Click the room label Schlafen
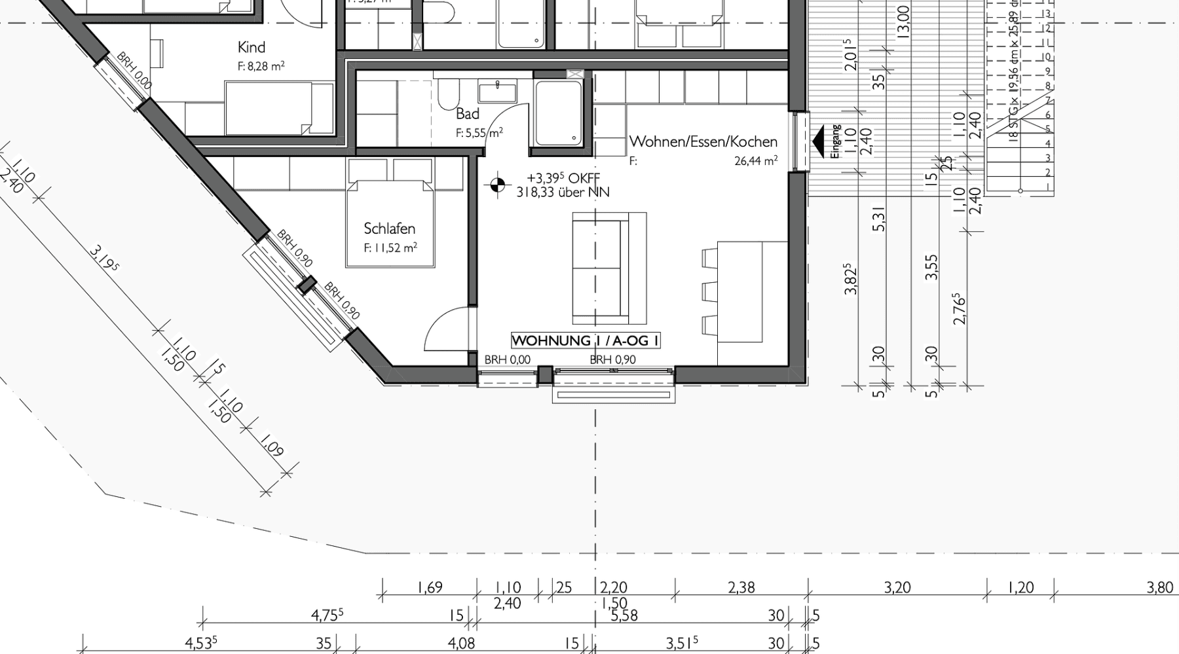click(390, 228)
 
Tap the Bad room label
click(468, 114)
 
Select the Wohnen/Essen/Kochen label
click(703, 141)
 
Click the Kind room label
click(252, 47)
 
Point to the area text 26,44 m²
click(755, 160)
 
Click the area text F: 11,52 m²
click(390, 248)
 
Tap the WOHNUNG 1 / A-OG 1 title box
click(585, 340)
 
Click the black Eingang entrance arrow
click(818, 141)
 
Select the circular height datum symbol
click(497, 186)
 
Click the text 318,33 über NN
click(563, 192)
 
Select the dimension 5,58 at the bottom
click(624, 615)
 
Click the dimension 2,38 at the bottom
click(741, 587)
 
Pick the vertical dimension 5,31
click(879, 219)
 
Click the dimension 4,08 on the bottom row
click(461, 644)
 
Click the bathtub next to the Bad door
click(558, 113)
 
